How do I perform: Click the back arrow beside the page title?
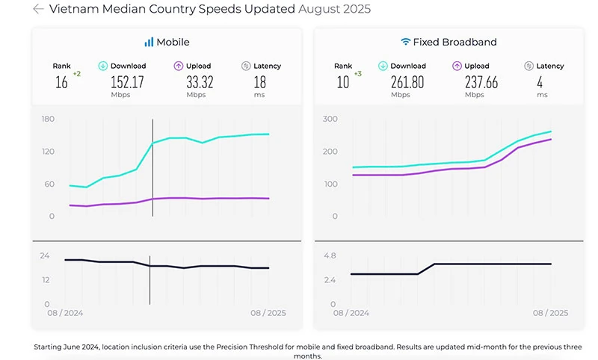[38, 9]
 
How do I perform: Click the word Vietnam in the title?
[73, 9]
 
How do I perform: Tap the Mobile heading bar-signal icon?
[149, 43]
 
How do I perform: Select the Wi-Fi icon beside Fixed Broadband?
[406, 43]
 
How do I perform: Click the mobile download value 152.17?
[127, 81]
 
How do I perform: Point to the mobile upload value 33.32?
[196, 81]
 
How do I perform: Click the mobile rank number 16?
[61, 82]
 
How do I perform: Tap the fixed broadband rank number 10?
[342, 82]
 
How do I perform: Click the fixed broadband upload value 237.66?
[475, 81]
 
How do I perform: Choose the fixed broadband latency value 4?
[540, 81]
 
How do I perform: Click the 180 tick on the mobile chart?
[49, 120]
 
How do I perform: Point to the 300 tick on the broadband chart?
[330, 120]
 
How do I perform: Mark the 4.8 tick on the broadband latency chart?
[330, 255]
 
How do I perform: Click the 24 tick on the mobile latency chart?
[44, 255]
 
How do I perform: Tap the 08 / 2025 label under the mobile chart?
[267, 313]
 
